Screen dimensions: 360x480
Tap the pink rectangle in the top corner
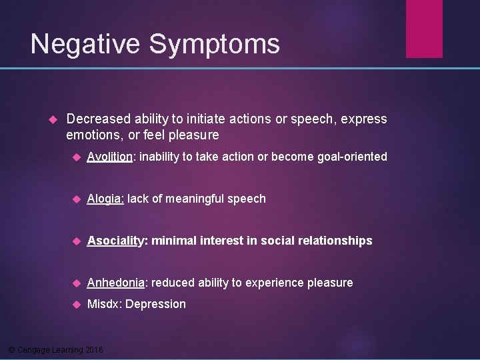[x=424, y=28]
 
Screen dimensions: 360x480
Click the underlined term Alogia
[x=105, y=199]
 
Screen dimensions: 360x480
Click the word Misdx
[x=103, y=304]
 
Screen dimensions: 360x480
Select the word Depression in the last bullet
[x=155, y=304]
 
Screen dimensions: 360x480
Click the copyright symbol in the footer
[x=11, y=350]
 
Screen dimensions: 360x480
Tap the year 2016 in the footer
[x=95, y=350]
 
